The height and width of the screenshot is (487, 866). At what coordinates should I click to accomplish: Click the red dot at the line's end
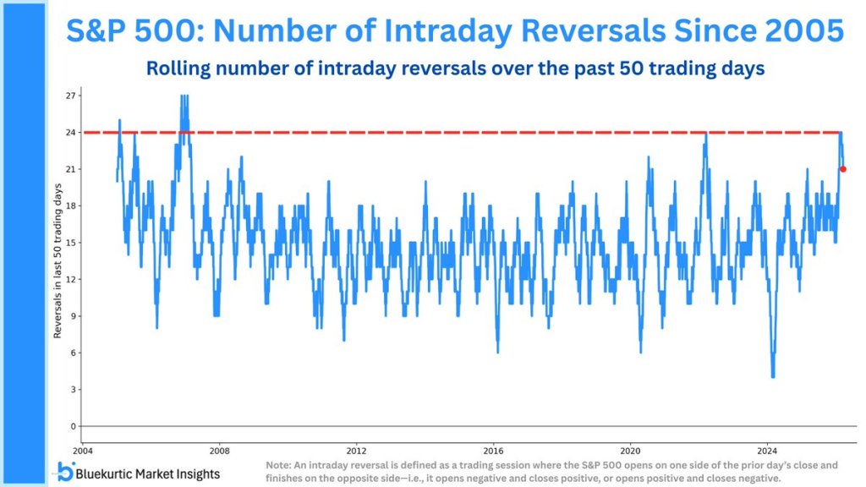coord(843,169)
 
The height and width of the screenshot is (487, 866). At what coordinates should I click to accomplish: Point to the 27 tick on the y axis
coord(71,96)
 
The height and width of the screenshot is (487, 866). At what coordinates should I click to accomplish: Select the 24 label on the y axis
coord(71,133)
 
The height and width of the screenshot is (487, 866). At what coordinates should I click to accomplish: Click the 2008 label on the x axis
coord(219,450)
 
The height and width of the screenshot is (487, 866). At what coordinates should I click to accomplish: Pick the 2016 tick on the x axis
coord(493,450)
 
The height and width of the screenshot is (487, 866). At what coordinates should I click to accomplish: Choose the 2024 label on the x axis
coord(767,450)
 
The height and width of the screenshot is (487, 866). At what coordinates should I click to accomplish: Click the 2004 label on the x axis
coord(82,450)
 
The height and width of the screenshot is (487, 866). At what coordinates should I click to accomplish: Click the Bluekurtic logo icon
coord(65,470)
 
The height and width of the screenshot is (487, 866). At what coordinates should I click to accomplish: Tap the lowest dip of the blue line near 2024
coord(773,376)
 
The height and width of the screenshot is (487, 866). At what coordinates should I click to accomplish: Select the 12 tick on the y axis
coord(71,279)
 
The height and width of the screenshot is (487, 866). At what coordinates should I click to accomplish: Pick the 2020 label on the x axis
coord(630,450)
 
